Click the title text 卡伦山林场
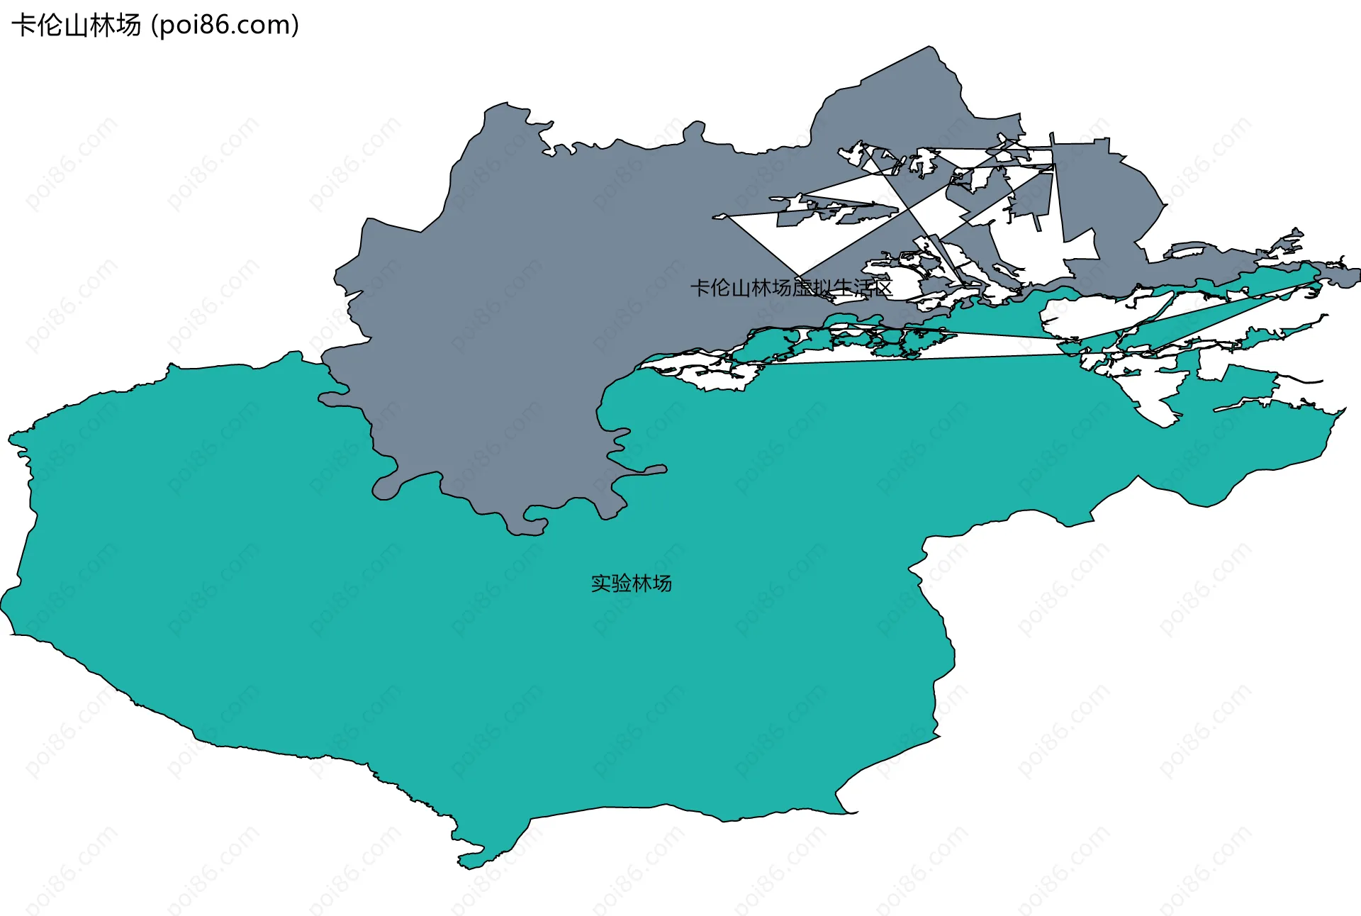tap(77, 26)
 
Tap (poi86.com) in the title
tap(225, 26)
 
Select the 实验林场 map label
tap(631, 583)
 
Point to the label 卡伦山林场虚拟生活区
tap(791, 288)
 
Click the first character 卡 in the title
tap(23, 26)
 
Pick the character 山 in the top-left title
tap(76, 26)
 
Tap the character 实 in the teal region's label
tap(601, 583)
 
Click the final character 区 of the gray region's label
tap(883, 288)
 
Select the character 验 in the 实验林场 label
tap(621, 583)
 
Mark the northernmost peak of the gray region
tap(929, 48)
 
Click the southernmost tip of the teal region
tap(461, 866)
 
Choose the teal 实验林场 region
tap(496, 674)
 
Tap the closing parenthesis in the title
tap(295, 26)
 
